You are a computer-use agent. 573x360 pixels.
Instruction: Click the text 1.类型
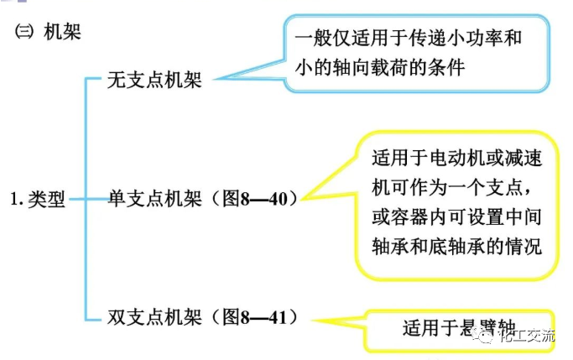click(38, 201)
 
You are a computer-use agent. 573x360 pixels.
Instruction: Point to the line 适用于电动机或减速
click(456, 157)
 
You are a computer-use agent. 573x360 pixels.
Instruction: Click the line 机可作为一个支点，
click(456, 186)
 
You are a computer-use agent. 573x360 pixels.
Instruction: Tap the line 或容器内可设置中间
click(456, 217)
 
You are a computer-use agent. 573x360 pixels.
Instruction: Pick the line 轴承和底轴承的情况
click(456, 247)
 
